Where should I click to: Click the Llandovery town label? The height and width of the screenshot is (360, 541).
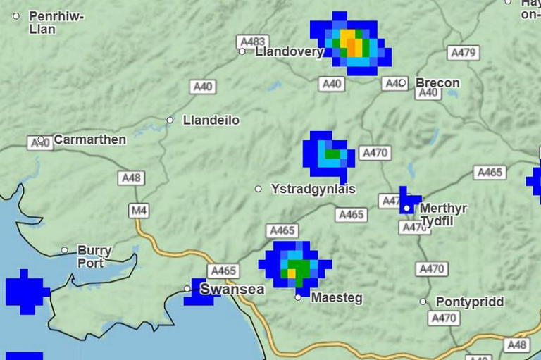tap(289, 51)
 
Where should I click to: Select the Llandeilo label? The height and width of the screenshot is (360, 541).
tap(211, 120)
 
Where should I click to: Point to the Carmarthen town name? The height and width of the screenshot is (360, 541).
tap(89, 139)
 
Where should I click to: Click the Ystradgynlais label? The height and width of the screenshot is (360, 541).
tap(313, 190)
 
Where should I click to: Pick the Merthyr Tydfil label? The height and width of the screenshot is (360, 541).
tap(443, 215)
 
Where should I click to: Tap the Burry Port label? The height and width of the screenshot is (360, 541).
tap(94, 256)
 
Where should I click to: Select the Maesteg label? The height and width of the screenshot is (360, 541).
tap(337, 298)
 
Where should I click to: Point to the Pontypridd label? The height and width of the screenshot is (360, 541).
tap(470, 302)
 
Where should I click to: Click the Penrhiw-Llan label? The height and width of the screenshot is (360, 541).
tap(56, 23)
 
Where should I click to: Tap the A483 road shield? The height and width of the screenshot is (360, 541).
tap(251, 42)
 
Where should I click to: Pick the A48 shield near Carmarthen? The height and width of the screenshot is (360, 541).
tap(131, 178)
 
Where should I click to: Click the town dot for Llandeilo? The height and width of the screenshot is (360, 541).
tap(170, 120)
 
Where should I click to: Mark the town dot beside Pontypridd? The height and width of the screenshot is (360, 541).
tap(423, 302)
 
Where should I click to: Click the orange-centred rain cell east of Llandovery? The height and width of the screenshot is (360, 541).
tap(351, 44)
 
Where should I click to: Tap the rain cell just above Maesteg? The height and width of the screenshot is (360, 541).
tap(296, 266)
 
